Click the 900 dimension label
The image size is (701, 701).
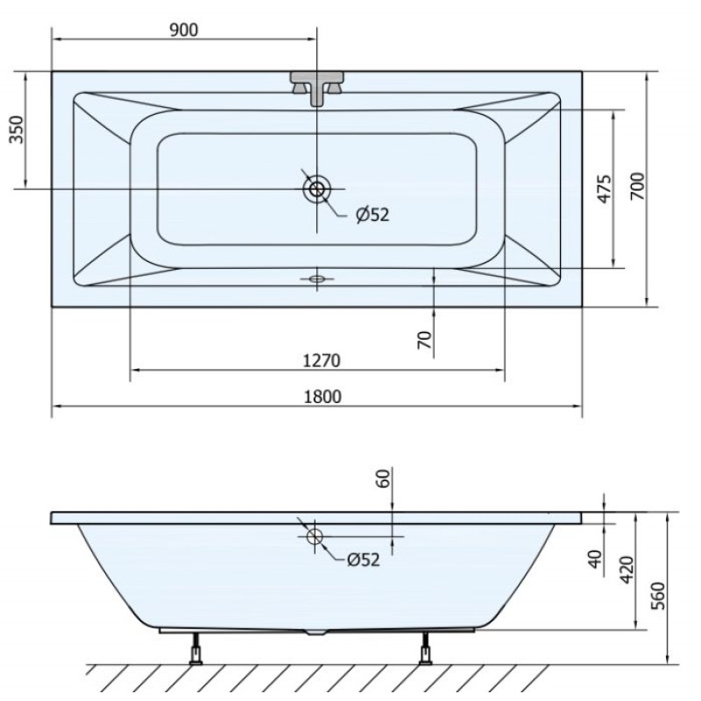tap(183, 30)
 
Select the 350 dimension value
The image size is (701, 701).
tap(17, 129)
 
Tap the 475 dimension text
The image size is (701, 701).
tap(604, 189)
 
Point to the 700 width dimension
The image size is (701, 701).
tap(638, 186)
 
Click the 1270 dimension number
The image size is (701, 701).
tap(322, 360)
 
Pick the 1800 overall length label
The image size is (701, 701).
tap(322, 397)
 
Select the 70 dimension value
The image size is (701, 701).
tap(425, 340)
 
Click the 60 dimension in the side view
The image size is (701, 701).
tap(384, 478)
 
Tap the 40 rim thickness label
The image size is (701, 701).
tap(595, 559)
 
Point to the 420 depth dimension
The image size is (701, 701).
tap(627, 570)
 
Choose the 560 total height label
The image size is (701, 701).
tap(658, 596)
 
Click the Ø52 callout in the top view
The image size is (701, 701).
tap(372, 215)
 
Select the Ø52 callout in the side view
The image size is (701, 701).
tap(364, 560)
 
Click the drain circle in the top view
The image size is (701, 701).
tap(317, 189)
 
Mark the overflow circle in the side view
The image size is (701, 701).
tap(315, 535)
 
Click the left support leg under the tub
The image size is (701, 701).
tap(195, 648)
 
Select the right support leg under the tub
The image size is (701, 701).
tap(426, 648)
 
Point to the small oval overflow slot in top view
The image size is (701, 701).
tap(317, 279)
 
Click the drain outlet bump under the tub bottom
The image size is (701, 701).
tap(315, 632)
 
